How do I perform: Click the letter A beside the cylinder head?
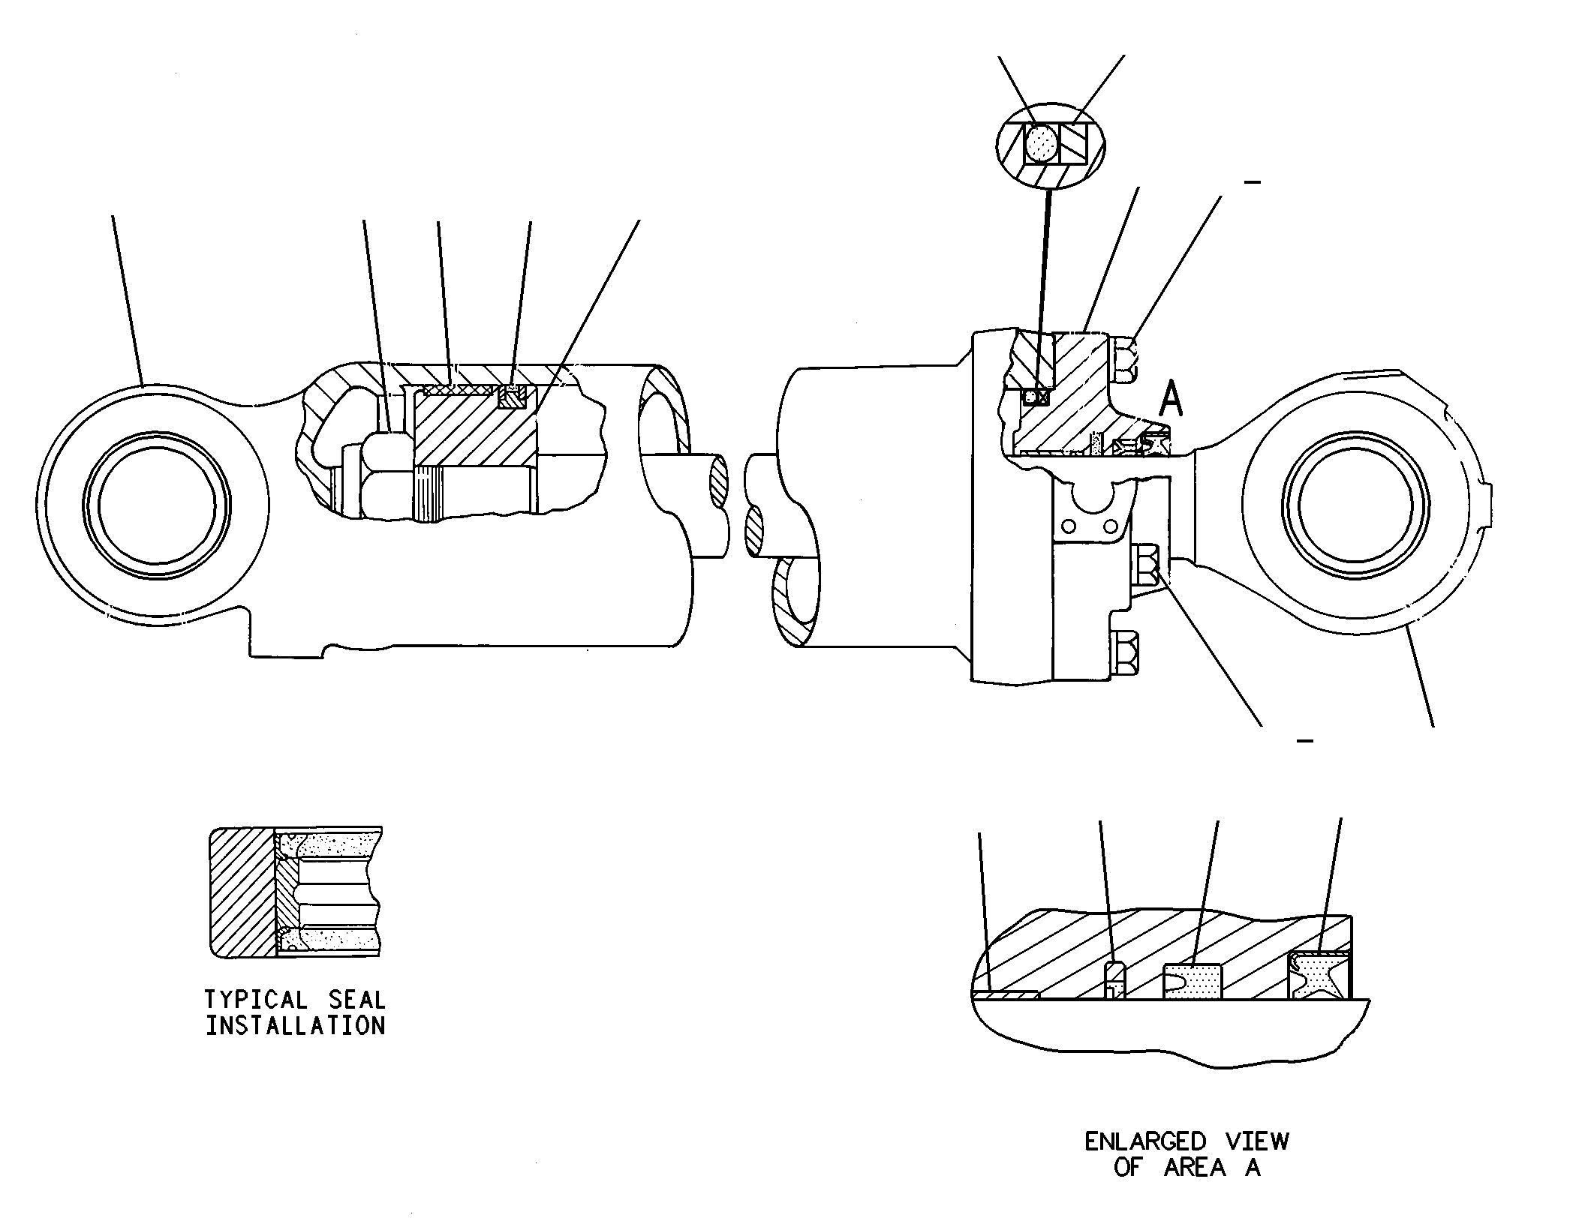point(1171,397)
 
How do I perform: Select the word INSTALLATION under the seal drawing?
point(296,1025)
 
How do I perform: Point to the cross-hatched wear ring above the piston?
point(459,389)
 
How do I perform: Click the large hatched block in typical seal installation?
point(242,892)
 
